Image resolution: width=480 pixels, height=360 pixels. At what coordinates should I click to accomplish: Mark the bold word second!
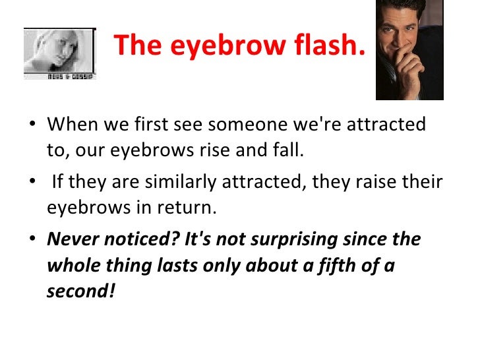click(x=80, y=290)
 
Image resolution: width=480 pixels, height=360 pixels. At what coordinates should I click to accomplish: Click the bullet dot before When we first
click(x=33, y=125)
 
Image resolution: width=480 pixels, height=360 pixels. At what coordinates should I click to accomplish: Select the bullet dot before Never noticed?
click(x=33, y=240)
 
